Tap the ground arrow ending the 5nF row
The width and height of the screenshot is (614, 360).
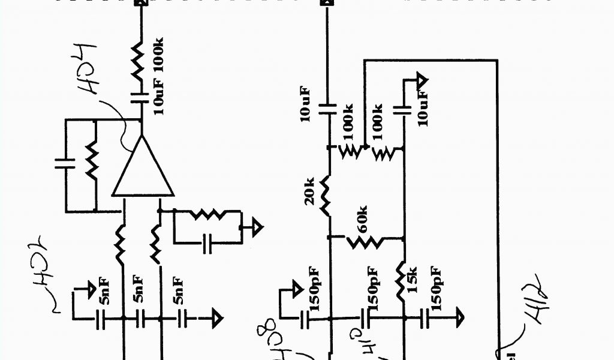(216, 317)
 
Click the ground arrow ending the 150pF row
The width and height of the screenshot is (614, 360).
(458, 315)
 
